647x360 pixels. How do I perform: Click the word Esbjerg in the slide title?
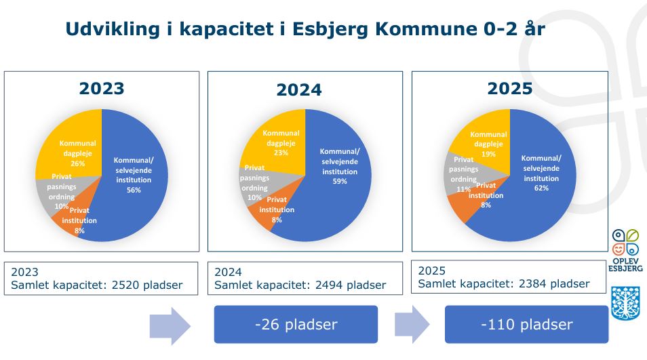330,30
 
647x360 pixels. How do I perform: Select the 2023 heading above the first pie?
102,89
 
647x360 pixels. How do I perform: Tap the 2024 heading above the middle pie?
298,90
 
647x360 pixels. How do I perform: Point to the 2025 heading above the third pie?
510,89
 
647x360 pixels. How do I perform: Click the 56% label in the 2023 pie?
134,190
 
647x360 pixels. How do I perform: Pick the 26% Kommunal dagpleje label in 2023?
77,163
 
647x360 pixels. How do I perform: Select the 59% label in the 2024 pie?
340,182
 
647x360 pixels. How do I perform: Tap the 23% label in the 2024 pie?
281,153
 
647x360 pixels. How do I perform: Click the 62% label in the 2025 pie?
541,188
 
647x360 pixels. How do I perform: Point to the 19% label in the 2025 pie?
488,154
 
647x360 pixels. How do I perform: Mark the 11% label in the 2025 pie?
463,189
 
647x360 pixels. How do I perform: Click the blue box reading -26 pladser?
296,325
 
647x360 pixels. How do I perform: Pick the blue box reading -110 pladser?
526,325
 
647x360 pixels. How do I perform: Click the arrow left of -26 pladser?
170,326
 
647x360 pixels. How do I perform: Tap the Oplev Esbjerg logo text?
625,264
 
